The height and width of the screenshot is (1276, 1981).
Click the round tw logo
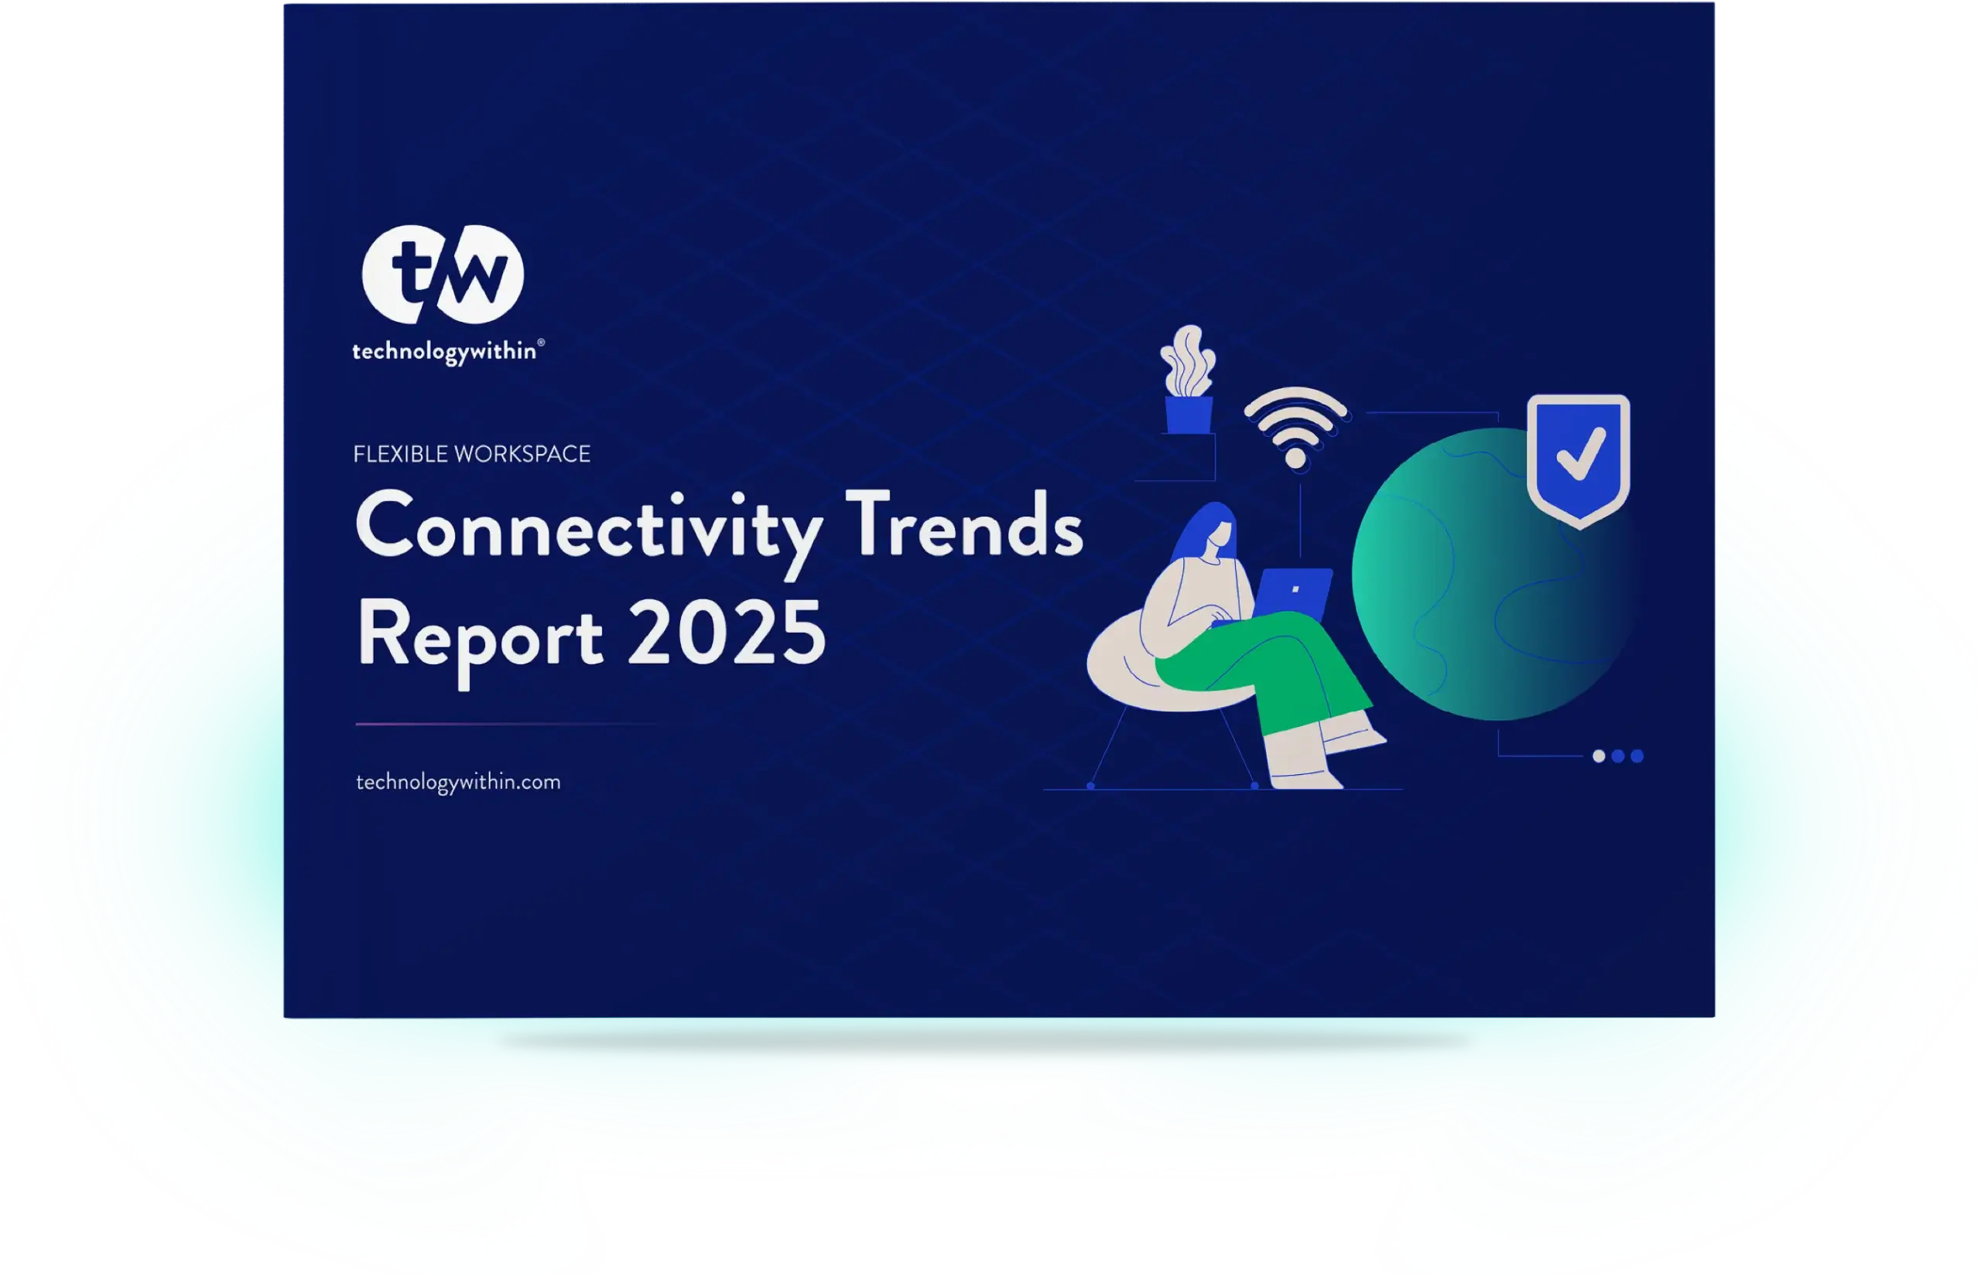[443, 275]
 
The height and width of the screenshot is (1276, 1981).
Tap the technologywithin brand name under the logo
[444, 352]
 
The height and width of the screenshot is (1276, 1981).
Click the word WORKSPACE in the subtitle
[523, 454]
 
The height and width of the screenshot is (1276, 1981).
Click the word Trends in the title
[964, 524]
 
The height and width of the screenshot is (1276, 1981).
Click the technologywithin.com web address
[458, 782]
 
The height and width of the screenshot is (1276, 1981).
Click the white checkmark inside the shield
[1581, 453]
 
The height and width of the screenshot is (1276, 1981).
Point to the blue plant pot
[1189, 415]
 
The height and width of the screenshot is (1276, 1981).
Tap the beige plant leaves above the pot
[1189, 361]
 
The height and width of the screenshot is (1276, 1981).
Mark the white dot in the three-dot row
[1599, 756]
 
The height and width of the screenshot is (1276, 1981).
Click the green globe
[1483, 574]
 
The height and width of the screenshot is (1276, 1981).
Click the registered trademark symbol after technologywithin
[541, 342]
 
